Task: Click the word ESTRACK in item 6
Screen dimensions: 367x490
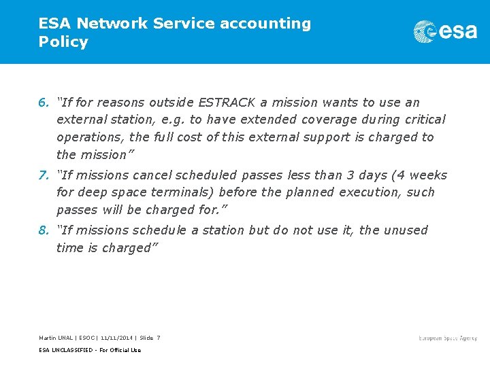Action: (226, 103)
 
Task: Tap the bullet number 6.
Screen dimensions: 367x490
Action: (43, 103)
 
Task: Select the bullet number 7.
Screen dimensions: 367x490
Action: (43, 175)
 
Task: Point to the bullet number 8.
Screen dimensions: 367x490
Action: (43, 230)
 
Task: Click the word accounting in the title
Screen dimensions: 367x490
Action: (265, 24)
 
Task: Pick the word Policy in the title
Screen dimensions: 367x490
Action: (63, 41)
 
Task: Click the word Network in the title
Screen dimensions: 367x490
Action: (113, 24)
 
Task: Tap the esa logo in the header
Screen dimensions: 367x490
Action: (445, 31)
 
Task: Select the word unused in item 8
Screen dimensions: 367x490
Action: (406, 230)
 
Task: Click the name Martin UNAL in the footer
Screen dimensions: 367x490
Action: (56, 338)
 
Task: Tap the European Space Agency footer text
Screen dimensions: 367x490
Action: (448, 338)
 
